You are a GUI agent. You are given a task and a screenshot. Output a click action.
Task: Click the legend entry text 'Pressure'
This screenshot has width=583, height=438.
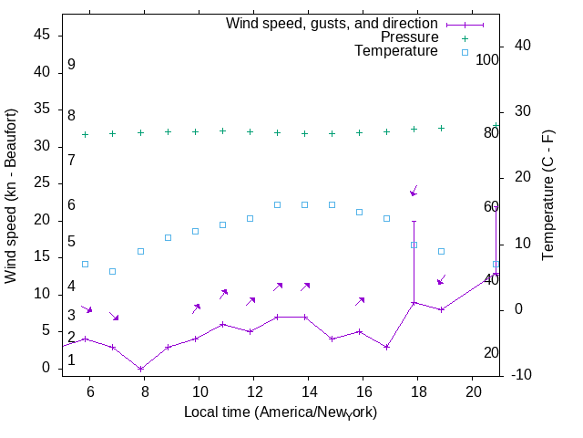409,37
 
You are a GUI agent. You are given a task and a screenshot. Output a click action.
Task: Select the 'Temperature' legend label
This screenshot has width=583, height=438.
396,51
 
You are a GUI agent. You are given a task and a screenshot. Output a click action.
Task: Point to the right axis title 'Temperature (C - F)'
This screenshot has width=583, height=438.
548,195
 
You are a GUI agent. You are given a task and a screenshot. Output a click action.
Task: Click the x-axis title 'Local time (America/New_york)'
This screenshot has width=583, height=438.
281,412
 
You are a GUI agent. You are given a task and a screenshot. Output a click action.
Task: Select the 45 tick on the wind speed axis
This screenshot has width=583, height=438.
47,35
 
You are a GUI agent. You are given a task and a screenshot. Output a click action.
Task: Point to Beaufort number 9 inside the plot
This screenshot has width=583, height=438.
71,65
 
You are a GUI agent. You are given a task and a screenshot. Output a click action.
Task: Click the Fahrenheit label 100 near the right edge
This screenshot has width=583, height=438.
488,59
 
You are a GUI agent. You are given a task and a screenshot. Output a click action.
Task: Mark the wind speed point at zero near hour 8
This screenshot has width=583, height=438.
140,369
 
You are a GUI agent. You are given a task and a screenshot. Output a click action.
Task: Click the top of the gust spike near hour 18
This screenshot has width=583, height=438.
414,221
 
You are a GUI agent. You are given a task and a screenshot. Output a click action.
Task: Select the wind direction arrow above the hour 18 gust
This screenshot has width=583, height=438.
414,191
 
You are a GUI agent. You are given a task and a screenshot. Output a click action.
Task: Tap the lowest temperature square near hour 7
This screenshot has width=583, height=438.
113,271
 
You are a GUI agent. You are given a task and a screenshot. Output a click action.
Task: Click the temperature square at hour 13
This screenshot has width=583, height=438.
278,204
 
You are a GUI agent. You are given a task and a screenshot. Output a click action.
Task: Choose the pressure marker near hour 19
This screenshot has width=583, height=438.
441,128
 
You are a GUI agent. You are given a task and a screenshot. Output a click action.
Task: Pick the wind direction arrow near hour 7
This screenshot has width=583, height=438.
114,317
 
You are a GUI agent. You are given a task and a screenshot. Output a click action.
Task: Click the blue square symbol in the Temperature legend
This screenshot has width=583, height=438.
465,52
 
